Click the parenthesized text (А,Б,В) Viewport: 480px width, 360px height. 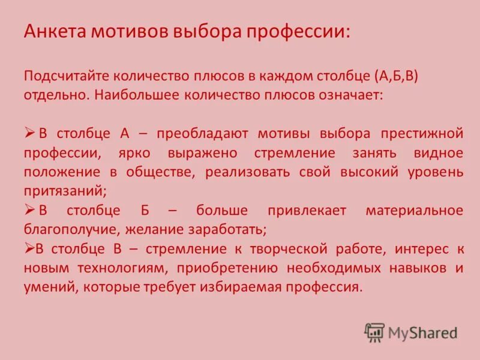tap(400, 77)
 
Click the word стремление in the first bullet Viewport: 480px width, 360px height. tap(292, 152)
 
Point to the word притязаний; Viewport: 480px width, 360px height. tap(65, 191)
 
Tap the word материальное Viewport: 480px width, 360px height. tap(414, 211)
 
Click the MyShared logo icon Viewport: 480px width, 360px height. tap(374, 332)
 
